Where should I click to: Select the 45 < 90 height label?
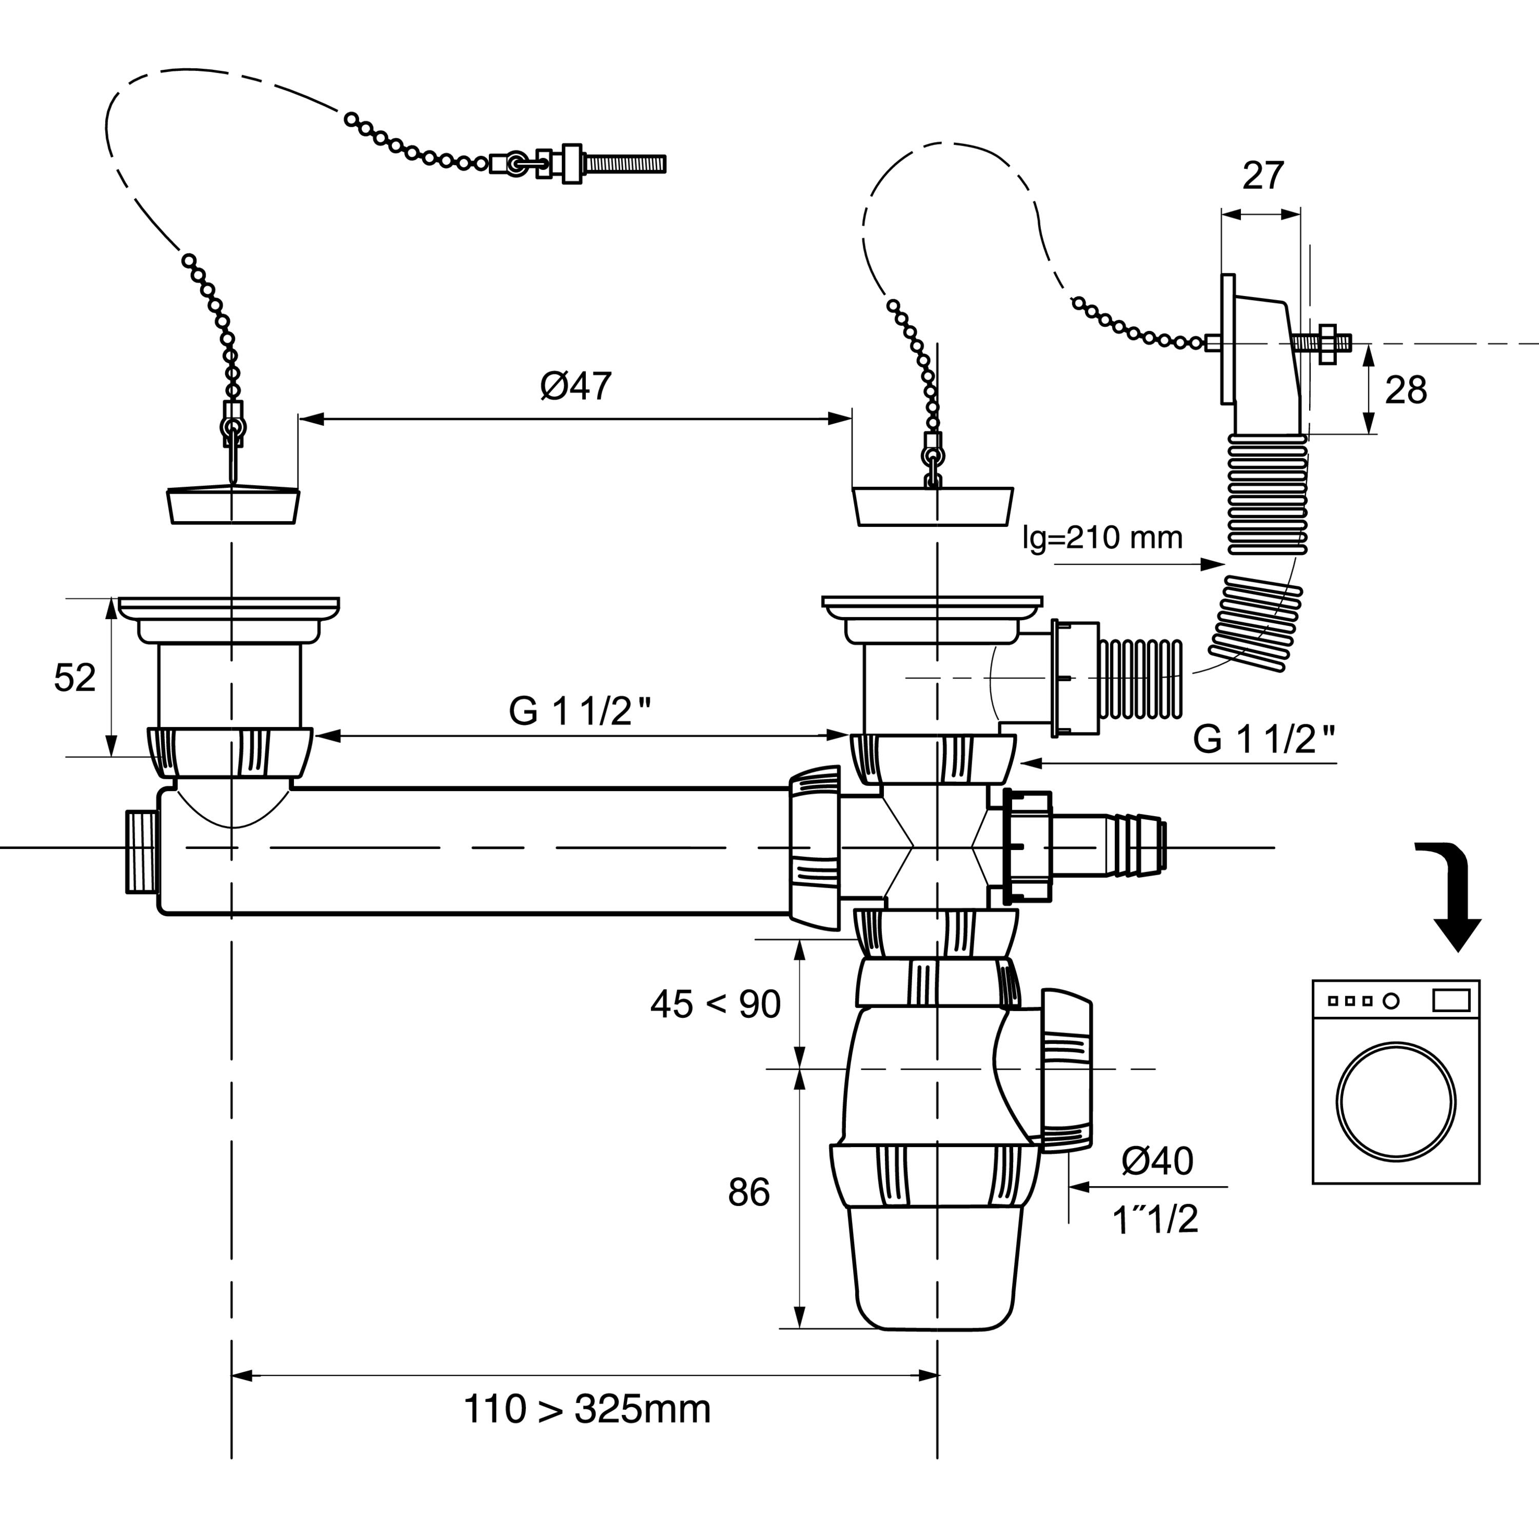click(715, 1004)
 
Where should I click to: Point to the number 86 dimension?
click(749, 1193)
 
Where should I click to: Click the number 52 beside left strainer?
click(75, 678)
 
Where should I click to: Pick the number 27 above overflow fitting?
click(1264, 175)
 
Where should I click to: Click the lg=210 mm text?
click(1102, 539)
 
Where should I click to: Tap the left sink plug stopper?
click(232, 504)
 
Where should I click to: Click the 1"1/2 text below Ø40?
click(1155, 1219)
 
